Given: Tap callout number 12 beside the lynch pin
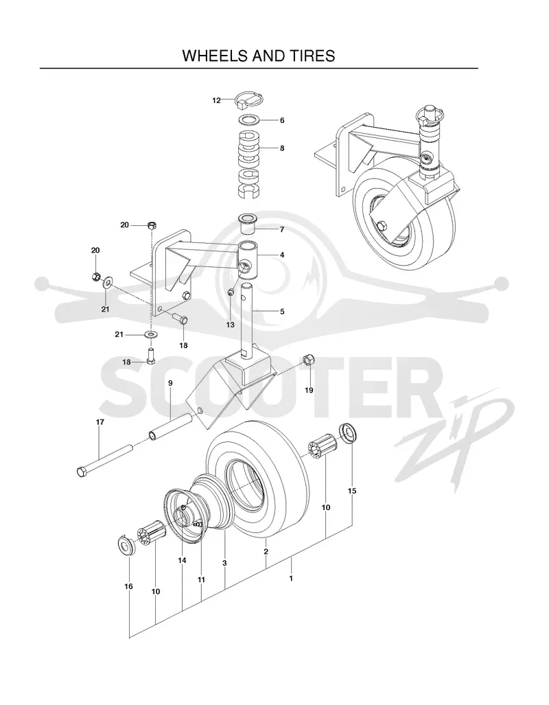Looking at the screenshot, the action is (x=217, y=101).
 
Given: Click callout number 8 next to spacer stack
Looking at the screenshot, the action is (x=282, y=148).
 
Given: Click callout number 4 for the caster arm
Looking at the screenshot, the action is (x=282, y=255).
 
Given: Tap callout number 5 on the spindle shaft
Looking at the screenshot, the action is (x=282, y=311).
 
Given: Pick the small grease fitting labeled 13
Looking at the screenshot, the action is (x=230, y=292).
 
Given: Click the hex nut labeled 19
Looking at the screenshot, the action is (x=309, y=359).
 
